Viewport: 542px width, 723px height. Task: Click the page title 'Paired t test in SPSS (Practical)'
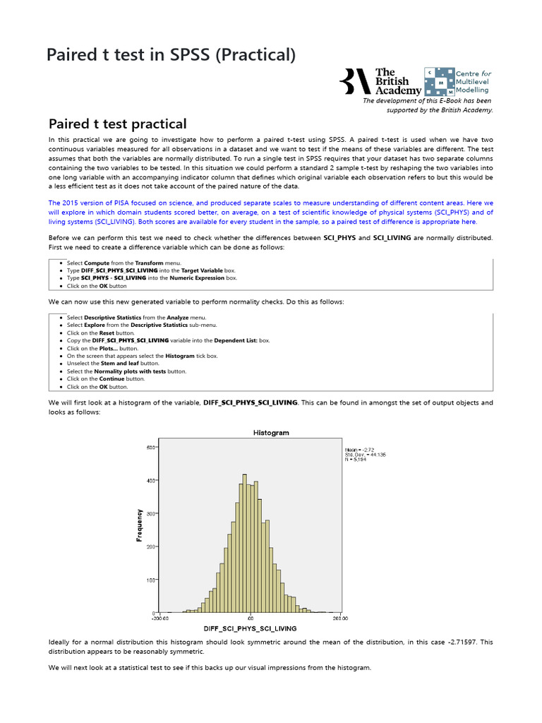pos(171,54)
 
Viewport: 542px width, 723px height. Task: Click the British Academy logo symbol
pos(356,81)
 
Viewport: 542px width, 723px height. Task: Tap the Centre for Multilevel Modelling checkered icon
pos(438,82)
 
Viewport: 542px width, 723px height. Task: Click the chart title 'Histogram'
pos(270,433)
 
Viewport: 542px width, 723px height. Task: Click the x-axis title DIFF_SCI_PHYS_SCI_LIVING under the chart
pos(251,628)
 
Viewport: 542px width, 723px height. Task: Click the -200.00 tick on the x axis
pos(161,619)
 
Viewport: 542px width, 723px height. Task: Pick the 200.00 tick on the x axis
pos(340,619)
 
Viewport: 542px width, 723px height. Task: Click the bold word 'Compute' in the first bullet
pos(97,263)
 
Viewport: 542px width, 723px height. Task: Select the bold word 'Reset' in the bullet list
pos(105,333)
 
